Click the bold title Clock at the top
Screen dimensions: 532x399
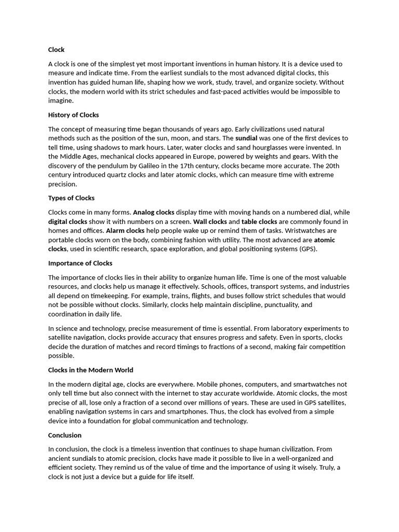[x=56, y=50]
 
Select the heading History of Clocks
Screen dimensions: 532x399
[x=73, y=115]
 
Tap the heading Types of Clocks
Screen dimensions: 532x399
[x=71, y=198]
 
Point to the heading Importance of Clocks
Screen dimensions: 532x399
[x=80, y=263]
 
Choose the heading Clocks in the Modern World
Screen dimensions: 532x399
[x=90, y=370]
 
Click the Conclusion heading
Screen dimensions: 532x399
[x=65, y=435]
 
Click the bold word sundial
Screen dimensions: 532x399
[x=246, y=138]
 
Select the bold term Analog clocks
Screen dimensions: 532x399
[x=153, y=212]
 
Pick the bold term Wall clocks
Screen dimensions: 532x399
[x=210, y=221]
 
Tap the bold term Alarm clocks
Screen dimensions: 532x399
[x=125, y=230]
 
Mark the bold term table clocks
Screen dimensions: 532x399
[x=259, y=221]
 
